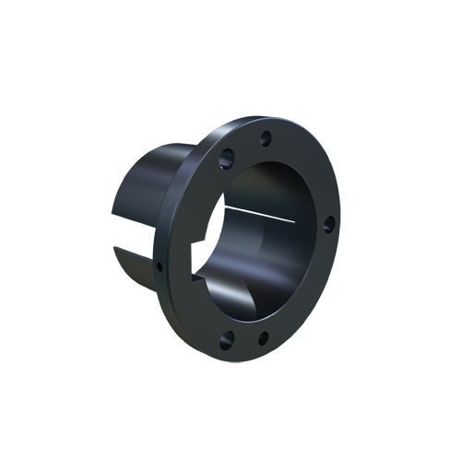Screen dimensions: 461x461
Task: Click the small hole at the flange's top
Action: point(266,139)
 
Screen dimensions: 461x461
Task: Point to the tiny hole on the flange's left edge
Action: point(160,267)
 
